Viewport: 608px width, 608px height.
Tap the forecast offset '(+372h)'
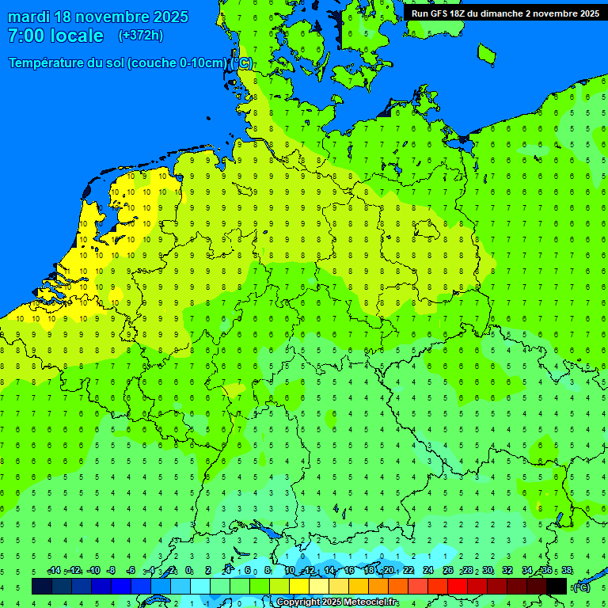pyautogui.click(x=140, y=36)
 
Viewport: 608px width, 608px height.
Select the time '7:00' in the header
pyautogui.click(x=25, y=36)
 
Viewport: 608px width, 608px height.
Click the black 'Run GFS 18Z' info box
pyautogui.click(x=504, y=13)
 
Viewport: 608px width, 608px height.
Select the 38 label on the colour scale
pyautogui.click(x=567, y=570)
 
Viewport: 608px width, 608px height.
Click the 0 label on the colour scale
pyautogui.click(x=189, y=570)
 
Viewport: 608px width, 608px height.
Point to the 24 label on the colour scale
pyautogui.click(x=428, y=570)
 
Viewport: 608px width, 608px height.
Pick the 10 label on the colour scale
pyautogui.click(x=290, y=570)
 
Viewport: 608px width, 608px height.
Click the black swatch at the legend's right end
pyautogui.click(x=557, y=586)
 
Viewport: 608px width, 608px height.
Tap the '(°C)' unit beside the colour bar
pyautogui.click(x=581, y=587)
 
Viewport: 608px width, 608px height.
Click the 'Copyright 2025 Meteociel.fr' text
pyautogui.click(x=337, y=602)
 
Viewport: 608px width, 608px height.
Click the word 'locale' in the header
pyautogui.click(x=76, y=36)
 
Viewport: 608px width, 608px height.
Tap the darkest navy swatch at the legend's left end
pyautogui.click(x=42, y=586)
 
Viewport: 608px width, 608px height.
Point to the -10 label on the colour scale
pyautogui.click(x=93, y=570)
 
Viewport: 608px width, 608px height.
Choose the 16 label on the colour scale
pyautogui.click(x=349, y=570)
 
